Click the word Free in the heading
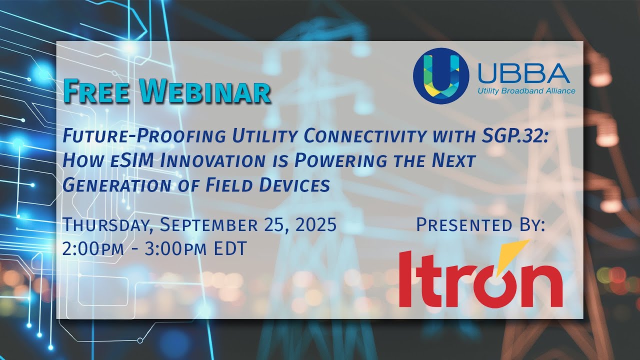[x=99, y=91]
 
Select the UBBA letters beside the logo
[x=523, y=74]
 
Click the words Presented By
[x=480, y=225]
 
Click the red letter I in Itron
[x=406, y=279]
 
